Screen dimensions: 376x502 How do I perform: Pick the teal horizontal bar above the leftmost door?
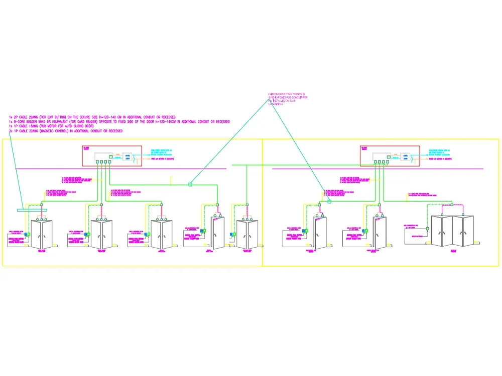tap(32, 210)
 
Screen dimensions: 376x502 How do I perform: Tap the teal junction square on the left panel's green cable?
tap(190, 184)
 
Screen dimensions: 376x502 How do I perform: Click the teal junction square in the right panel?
tap(329, 202)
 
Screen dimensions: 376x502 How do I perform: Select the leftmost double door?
tap(41, 234)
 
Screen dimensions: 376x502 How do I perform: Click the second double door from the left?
tap(101, 234)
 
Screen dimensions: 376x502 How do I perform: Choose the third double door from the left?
tap(162, 234)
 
